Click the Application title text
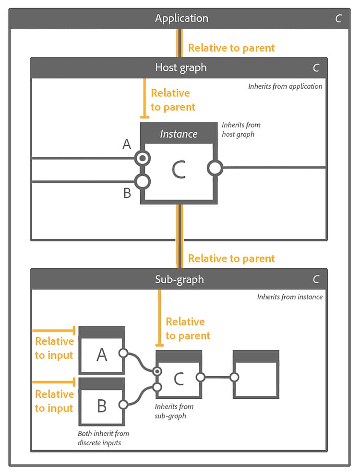[x=181, y=18]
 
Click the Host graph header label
[x=180, y=68]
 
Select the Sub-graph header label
[x=180, y=279]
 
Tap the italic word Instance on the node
[x=179, y=134]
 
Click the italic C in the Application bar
[x=338, y=19]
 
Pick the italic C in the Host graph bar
[x=316, y=68]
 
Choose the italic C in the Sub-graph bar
[x=316, y=279]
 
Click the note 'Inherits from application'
[x=285, y=87]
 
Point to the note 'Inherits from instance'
[x=289, y=297]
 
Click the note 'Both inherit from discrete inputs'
[x=103, y=438]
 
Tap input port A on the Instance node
[x=143, y=158]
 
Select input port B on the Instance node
[x=143, y=182]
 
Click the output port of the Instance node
[x=215, y=168]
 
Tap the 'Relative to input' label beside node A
[x=54, y=348]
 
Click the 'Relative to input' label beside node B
[x=54, y=401]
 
